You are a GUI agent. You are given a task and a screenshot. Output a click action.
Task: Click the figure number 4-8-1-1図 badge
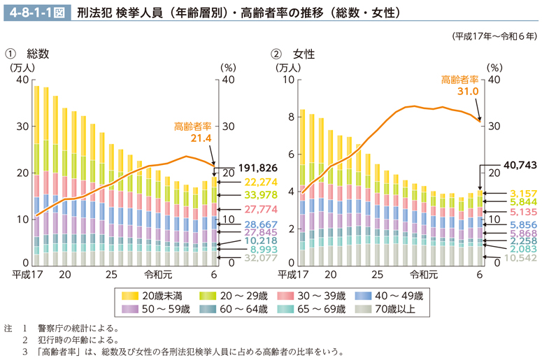point(36,12)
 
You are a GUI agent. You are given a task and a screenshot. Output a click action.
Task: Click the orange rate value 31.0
point(467,91)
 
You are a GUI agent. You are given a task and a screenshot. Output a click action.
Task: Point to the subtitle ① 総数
point(27,53)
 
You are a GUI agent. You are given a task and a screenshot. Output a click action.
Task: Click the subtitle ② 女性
point(294,53)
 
